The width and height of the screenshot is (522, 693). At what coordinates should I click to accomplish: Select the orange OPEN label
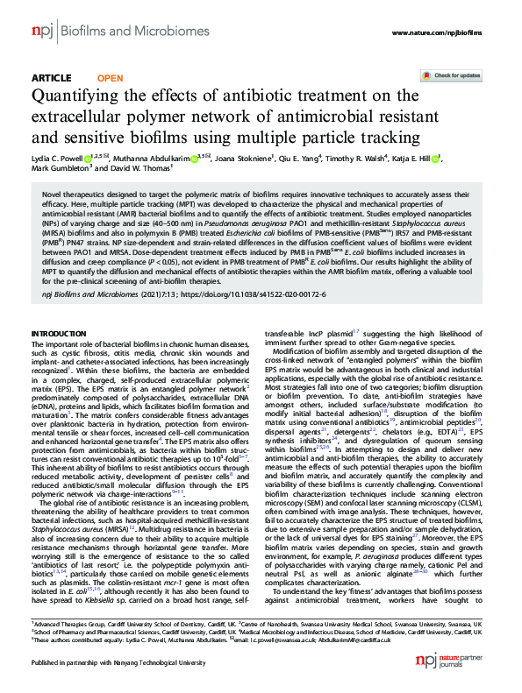(x=110, y=78)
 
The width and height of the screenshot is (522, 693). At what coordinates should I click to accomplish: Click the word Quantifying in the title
(x=75, y=95)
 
